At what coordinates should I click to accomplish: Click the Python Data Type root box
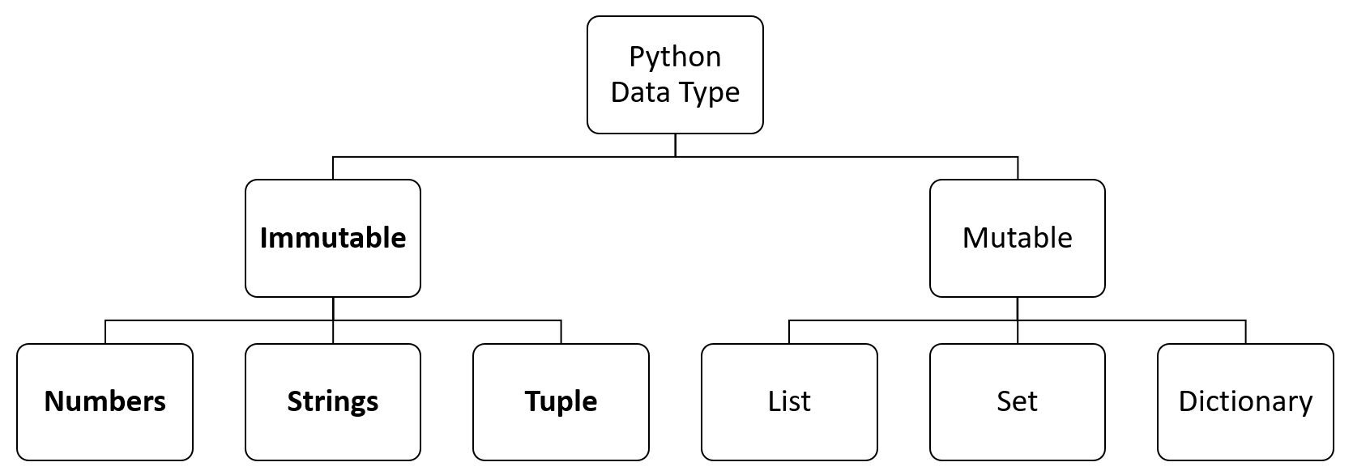[x=675, y=74]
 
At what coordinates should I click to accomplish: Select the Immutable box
[x=332, y=238]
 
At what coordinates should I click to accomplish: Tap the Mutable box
[x=1017, y=238]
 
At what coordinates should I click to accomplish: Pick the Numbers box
[x=105, y=401]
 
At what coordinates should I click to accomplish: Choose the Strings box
[x=332, y=401]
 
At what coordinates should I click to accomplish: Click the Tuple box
[x=561, y=401]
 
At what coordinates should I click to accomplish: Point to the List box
[x=789, y=401]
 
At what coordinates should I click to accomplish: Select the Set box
[x=1017, y=401]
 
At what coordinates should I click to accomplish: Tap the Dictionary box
[x=1245, y=401]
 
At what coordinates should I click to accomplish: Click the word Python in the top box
[x=675, y=57]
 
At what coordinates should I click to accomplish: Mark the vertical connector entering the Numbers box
[x=105, y=332]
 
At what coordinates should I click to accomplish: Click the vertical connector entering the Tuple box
[x=561, y=332]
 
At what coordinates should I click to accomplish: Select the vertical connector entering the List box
[x=789, y=332]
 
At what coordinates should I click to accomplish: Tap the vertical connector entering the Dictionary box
[x=1246, y=332]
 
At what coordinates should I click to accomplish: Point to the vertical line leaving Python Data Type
[x=675, y=145]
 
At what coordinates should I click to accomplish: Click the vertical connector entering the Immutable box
[x=333, y=168]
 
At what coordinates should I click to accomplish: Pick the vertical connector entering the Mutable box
[x=1018, y=168]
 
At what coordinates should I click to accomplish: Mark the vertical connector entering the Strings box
[x=333, y=332]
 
